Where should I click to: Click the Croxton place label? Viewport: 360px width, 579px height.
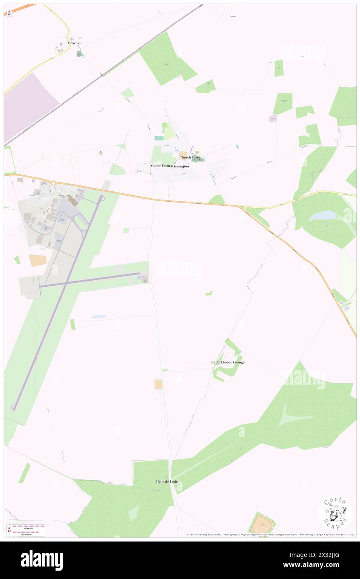(74, 43)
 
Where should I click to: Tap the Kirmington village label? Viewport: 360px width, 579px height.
(180, 166)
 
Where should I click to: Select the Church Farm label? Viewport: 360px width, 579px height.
(190, 157)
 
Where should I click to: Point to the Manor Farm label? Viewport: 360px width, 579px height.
(160, 166)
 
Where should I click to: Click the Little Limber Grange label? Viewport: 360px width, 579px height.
(228, 362)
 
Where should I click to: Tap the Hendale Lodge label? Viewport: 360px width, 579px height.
(168, 482)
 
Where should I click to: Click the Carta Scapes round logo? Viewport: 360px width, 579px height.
(335, 512)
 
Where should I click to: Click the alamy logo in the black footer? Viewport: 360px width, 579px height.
(42, 560)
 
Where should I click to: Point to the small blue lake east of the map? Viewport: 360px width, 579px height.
(322, 215)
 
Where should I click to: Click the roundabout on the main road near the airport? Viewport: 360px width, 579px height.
(53, 183)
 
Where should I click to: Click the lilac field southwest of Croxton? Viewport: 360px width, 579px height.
(29, 107)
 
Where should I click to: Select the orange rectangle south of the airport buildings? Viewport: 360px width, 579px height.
(38, 261)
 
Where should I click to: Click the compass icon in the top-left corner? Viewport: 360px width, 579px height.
(9, 12)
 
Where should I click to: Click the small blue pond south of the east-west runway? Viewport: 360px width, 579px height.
(99, 317)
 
